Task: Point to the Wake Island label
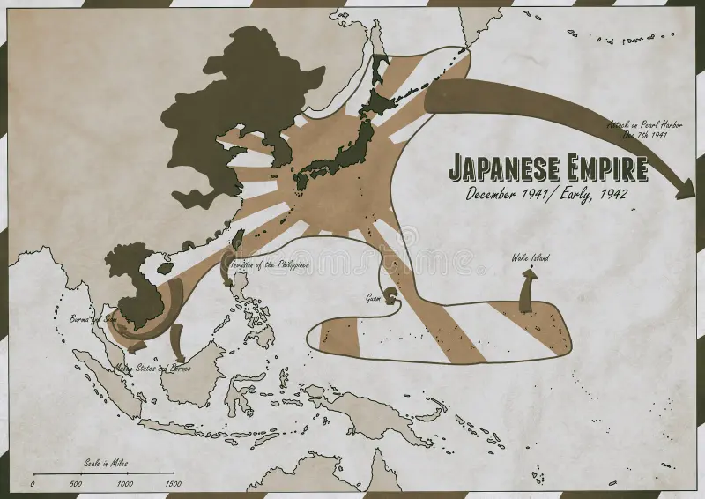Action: [531, 258]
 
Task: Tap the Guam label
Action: [374, 298]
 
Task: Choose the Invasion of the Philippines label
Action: [265, 264]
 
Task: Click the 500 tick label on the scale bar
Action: [75, 484]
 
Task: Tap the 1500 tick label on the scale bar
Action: [173, 484]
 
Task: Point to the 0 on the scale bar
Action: [33, 484]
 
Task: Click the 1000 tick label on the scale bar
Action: [125, 484]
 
